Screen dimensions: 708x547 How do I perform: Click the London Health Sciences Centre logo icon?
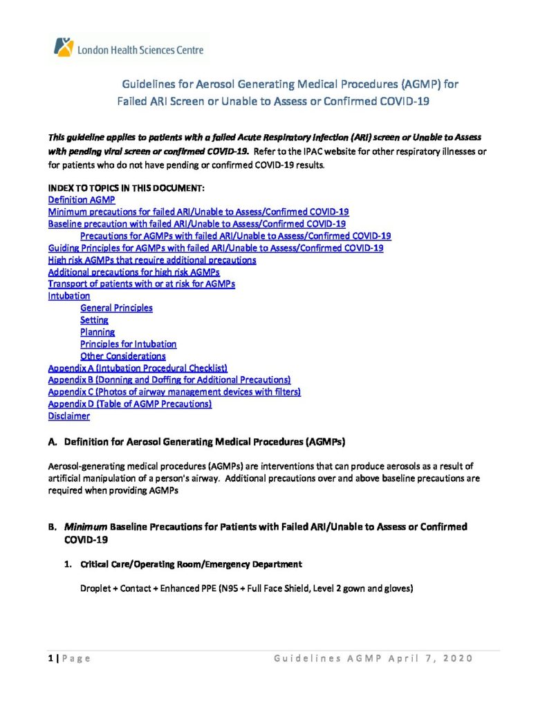pyautogui.click(x=62, y=47)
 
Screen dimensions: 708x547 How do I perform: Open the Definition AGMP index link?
pyautogui.click(x=76, y=200)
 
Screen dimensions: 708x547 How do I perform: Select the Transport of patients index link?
pyautogui.click(x=142, y=284)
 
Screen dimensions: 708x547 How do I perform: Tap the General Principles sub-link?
pyautogui.click(x=116, y=308)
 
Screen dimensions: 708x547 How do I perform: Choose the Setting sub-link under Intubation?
pyautogui.click(x=94, y=320)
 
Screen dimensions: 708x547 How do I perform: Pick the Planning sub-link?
pyautogui.click(x=98, y=333)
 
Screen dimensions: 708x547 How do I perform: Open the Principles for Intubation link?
pyautogui.click(x=128, y=344)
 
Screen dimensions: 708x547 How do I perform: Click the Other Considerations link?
pyautogui.click(x=122, y=356)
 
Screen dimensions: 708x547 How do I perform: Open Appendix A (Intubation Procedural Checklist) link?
pyautogui.click(x=138, y=368)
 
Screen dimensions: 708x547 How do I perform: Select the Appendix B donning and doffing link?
pyautogui.click(x=169, y=380)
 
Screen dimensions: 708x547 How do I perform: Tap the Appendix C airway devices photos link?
pyautogui.click(x=174, y=392)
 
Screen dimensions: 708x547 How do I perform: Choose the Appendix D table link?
pyautogui.click(x=129, y=404)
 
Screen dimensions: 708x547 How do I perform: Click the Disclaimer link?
pyautogui.click(x=68, y=416)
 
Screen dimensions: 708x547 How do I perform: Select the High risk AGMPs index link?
pyautogui.click(x=152, y=260)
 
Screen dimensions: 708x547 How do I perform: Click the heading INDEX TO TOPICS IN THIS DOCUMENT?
pyautogui.click(x=126, y=188)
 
